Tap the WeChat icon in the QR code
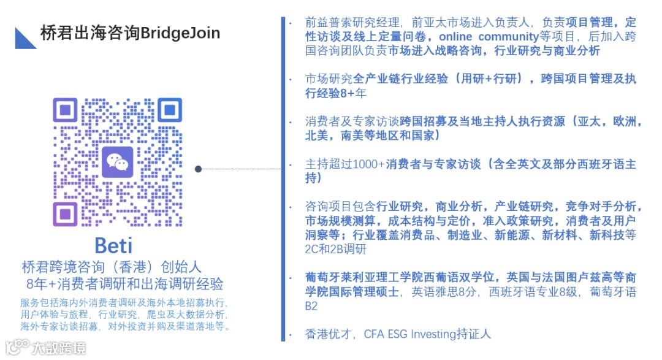pyautogui.click(x=117, y=163)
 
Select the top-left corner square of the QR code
pyautogui.click(x=65, y=110)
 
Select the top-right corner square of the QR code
pyautogui.click(x=169, y=110)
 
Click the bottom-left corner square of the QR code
pyautogui.click(x=65, y=214)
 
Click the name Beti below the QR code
pyautogui.click(x=113, y=245)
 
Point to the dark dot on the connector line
pyautogui.click(x=198, y=169)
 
